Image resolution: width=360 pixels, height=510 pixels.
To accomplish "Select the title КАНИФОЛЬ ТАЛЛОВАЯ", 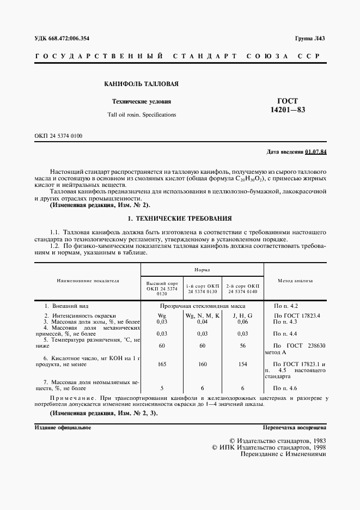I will pos(141,84).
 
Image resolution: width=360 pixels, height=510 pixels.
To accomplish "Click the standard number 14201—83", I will pos(288,110).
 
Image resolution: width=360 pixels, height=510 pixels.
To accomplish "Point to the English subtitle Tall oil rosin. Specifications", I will pos(142,115).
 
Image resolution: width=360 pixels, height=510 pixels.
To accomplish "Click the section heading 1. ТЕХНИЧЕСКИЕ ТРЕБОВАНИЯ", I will pos(179,218).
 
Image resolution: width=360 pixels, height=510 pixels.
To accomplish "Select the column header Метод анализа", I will pos(295,281).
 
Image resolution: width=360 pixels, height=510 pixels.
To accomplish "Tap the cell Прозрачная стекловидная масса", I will pos(202,307).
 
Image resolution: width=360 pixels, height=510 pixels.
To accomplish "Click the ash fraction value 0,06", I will pos(242,323).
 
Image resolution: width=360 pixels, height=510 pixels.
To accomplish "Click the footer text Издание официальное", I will pos(63,428).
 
